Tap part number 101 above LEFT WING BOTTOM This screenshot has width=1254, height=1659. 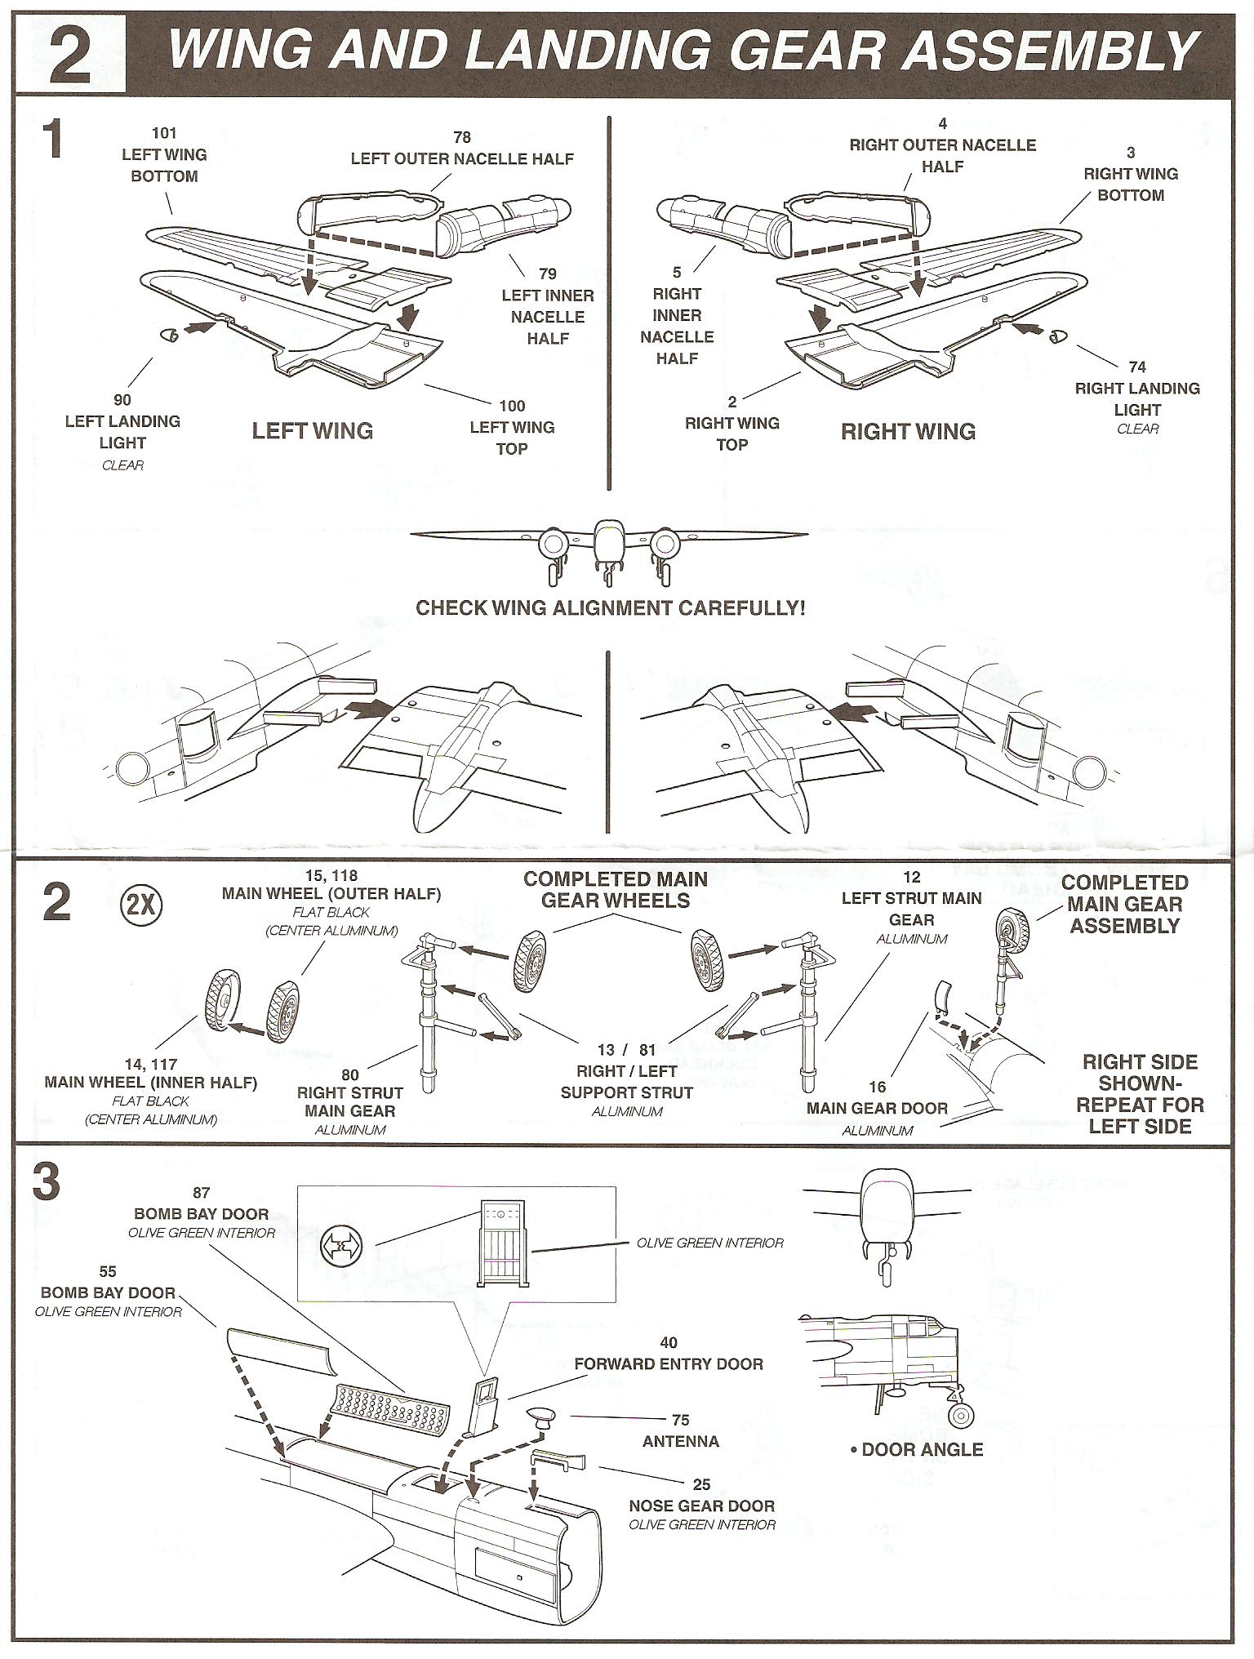tap(164, 133)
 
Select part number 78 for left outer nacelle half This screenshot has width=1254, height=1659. tap(462, 137)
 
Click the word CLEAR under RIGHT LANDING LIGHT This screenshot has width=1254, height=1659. tap(1137, 429)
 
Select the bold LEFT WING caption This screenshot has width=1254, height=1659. tap(312, 431)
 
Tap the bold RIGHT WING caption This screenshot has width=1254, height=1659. tap(908, 432)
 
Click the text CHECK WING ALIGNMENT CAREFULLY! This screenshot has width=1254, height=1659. tap(611, 608)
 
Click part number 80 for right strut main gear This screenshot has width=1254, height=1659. tap(350, 1074)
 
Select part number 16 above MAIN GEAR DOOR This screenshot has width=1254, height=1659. tap(877, 1087)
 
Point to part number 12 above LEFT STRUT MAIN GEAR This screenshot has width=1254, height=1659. tap(912, 877)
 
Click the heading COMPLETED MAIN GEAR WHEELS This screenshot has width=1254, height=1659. tap(616, 890)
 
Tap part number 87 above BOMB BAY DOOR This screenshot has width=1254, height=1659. tap(201, 1193)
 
